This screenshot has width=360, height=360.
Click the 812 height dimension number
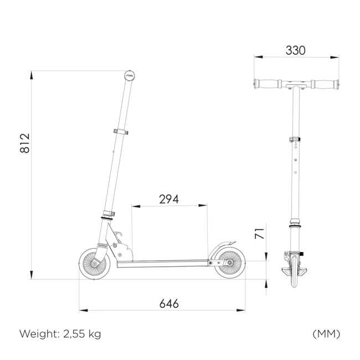pos(25,143)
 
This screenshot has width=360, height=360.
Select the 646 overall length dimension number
pos(169,304)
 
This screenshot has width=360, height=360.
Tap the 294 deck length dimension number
pos(169,199)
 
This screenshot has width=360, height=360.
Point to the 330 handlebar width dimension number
pos(296,50)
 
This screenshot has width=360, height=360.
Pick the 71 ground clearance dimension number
pos(260,234)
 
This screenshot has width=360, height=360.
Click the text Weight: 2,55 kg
pos(60,334)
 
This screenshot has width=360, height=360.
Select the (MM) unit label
pos(326,334)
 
